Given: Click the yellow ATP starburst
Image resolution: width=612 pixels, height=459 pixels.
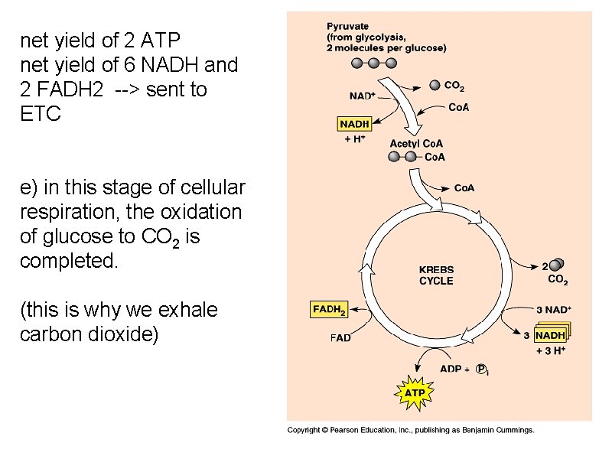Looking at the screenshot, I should pyautogui.click(x=415, y=393).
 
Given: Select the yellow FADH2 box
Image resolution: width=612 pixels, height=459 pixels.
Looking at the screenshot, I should pyautogui.click(x=329, y=310).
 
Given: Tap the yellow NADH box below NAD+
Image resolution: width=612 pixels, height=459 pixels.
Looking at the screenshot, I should pyautogui.click(x=354, y=124).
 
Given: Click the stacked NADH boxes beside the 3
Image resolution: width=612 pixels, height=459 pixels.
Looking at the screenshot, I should pyautogui.click(x=552, y=334).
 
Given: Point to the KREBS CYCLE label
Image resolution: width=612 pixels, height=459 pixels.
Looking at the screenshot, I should pyautogui.click(x=436, y=275).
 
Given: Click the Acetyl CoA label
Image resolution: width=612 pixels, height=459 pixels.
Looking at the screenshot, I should pyautogui.click(x=416, y=144).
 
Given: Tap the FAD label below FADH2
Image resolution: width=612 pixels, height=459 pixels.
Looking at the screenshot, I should pyautogui.click(x=340, y=337).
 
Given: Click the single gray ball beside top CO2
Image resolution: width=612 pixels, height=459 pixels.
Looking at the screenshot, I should pyautogui.click(x=435, y=85).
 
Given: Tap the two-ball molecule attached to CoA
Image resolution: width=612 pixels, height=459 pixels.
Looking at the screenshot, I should pyautogui.click(x=403, y=157).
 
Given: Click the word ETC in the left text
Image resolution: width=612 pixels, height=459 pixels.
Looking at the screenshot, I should pyautogui.click(x=38, y=113).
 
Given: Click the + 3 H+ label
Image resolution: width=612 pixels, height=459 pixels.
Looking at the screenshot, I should pyautogui.click(x=550, y=351).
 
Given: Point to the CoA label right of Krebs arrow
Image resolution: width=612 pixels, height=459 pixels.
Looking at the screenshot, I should pyautogui.click(x=464, y=188).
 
